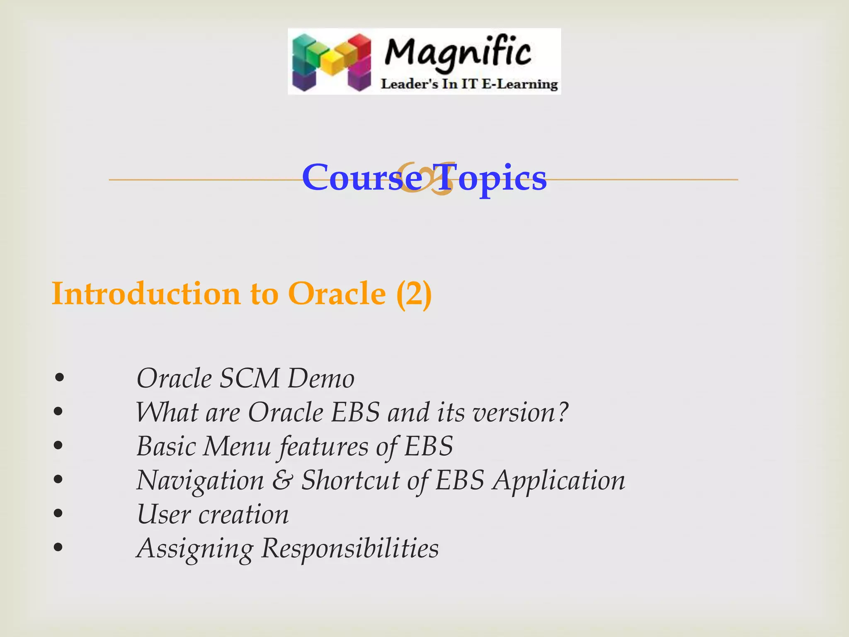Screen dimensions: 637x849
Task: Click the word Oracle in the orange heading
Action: [x=337, y=294]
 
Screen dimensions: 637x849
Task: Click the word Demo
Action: [x=321, y=379]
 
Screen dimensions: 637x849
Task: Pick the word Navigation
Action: [x=200, y=481]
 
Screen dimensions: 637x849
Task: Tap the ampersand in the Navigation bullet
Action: [x=282, y=481]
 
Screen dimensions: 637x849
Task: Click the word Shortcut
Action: [x=350, y=481]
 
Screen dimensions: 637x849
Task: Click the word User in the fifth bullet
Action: [x=163, y=515]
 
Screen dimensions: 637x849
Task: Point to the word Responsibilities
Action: [x=350, y=549]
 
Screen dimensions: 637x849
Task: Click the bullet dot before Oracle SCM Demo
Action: [x=59, y=378]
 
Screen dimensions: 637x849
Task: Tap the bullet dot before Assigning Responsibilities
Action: [x=59, y=547]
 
